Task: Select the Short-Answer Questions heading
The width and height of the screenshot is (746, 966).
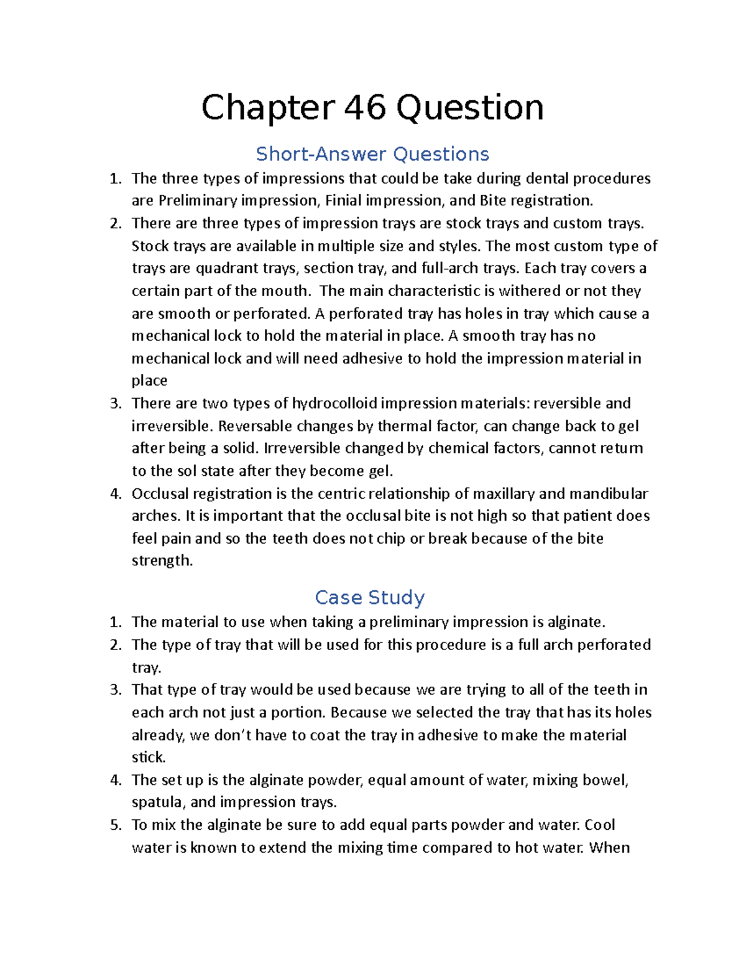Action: tap(372, 154)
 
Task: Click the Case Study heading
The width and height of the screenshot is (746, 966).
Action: tap(369, 597)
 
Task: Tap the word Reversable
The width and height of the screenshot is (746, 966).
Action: tap(256, 426)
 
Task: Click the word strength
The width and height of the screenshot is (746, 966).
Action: tap(162, 560)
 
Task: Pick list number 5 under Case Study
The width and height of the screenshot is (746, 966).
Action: tap(116, 825)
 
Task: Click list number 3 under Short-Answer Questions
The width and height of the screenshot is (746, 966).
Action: tap(116, 403)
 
